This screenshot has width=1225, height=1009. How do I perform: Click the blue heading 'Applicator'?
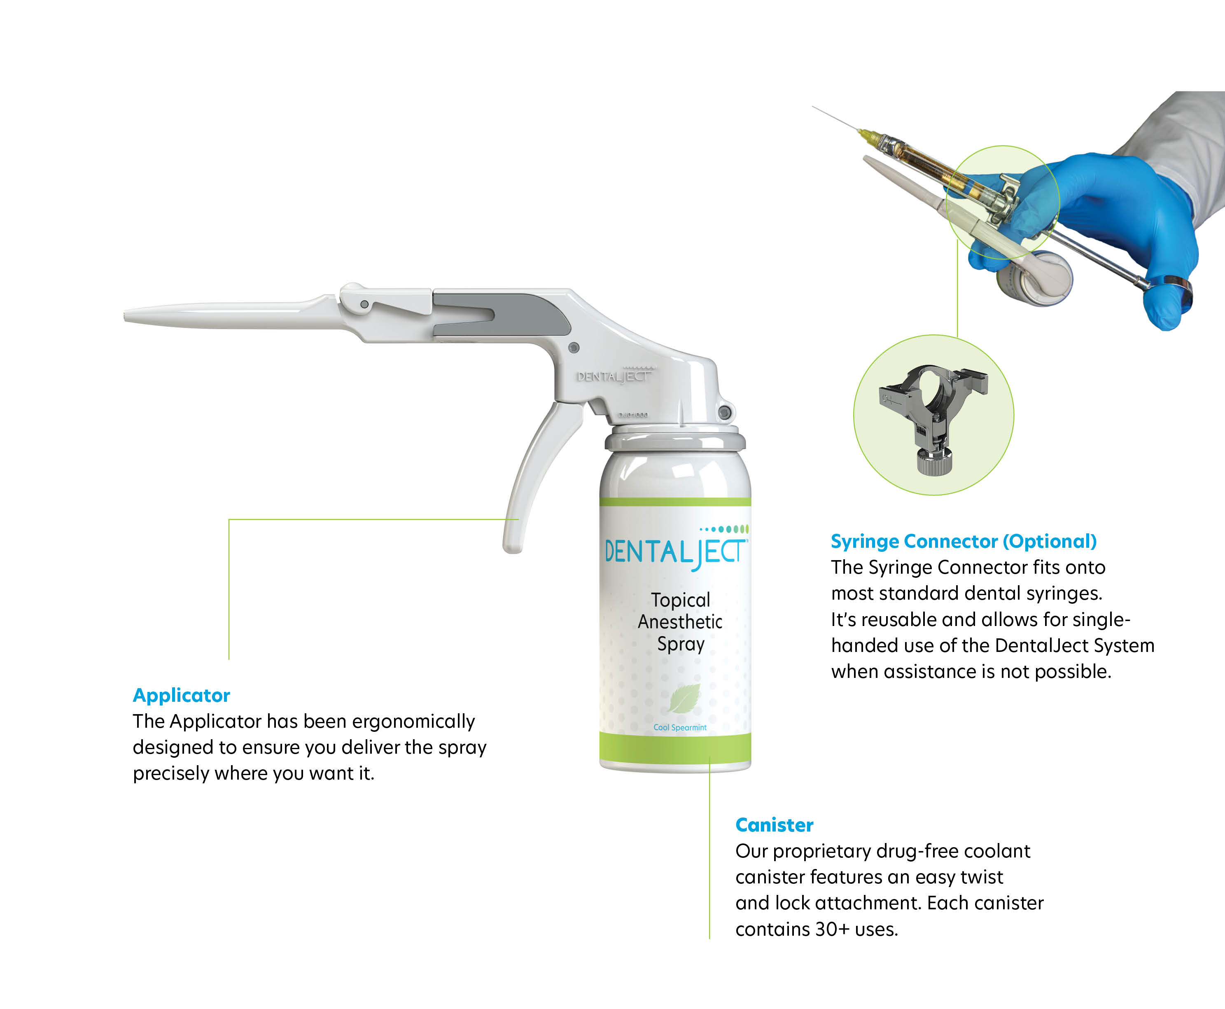click(x=181, y=695)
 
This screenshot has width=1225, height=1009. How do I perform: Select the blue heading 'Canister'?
click(x=774, y=825)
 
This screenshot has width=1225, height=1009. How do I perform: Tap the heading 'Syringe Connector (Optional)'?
click(x=964, y=541)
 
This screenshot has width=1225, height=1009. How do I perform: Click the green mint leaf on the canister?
click(x=684, y=698)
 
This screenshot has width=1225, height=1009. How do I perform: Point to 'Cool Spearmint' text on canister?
click(x=680, y=727)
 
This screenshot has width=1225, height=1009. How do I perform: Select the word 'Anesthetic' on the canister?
click(x=680, y=622)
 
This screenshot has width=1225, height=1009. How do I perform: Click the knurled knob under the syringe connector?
click(x=934, y=462)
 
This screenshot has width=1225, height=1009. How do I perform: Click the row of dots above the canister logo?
click(x=724, y=529)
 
